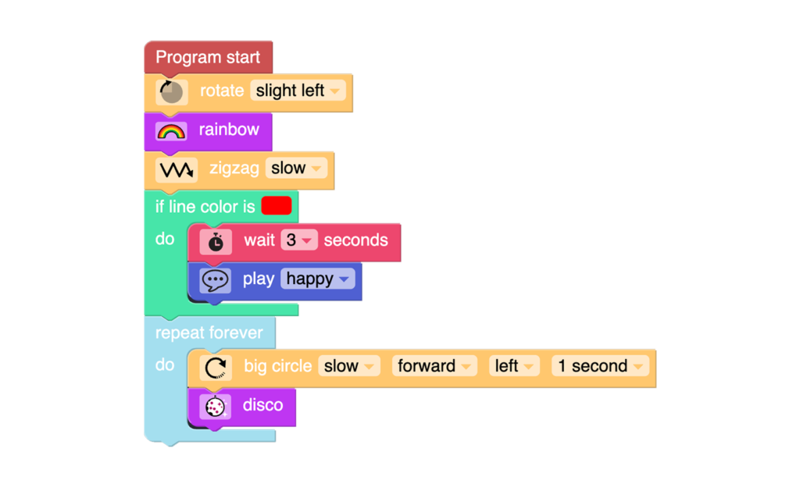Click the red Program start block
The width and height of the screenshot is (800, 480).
click(x=208, y=57)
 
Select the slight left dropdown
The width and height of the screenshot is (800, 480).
click(x=298, y=91)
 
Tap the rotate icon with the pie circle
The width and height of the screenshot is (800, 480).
click(x=171, y=92)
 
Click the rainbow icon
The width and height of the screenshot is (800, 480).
click(x=171, y=131)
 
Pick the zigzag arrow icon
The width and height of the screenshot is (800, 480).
click(x=177, y=169)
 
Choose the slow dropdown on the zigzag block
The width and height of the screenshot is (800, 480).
click(x=296, y=168)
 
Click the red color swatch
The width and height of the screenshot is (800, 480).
click(x=277, y=206)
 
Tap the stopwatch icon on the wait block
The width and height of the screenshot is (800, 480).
click(x=216, y=241)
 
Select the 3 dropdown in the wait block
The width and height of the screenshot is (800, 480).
click(x=299, y=240)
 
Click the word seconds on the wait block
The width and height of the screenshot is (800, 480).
click(x=355, y=240)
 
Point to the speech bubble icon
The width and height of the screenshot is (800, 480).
click(x=216, y=280)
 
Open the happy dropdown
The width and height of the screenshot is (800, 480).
click(x=317, y=279)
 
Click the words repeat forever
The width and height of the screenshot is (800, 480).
click(x=209, y=332)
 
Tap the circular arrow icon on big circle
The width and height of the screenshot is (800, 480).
click(x=216, y=368)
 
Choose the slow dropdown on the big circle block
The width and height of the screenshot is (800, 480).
click(x=349, y=366)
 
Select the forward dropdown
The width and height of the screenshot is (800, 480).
click(x=434, y=366)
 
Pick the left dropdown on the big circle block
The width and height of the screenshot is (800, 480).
click(x=514, y=366)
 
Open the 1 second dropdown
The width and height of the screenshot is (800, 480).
click(x=600, y=366)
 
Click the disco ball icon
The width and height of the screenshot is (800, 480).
click(x=216, y=407)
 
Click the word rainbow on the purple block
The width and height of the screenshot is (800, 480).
click(x=229, y=130)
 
